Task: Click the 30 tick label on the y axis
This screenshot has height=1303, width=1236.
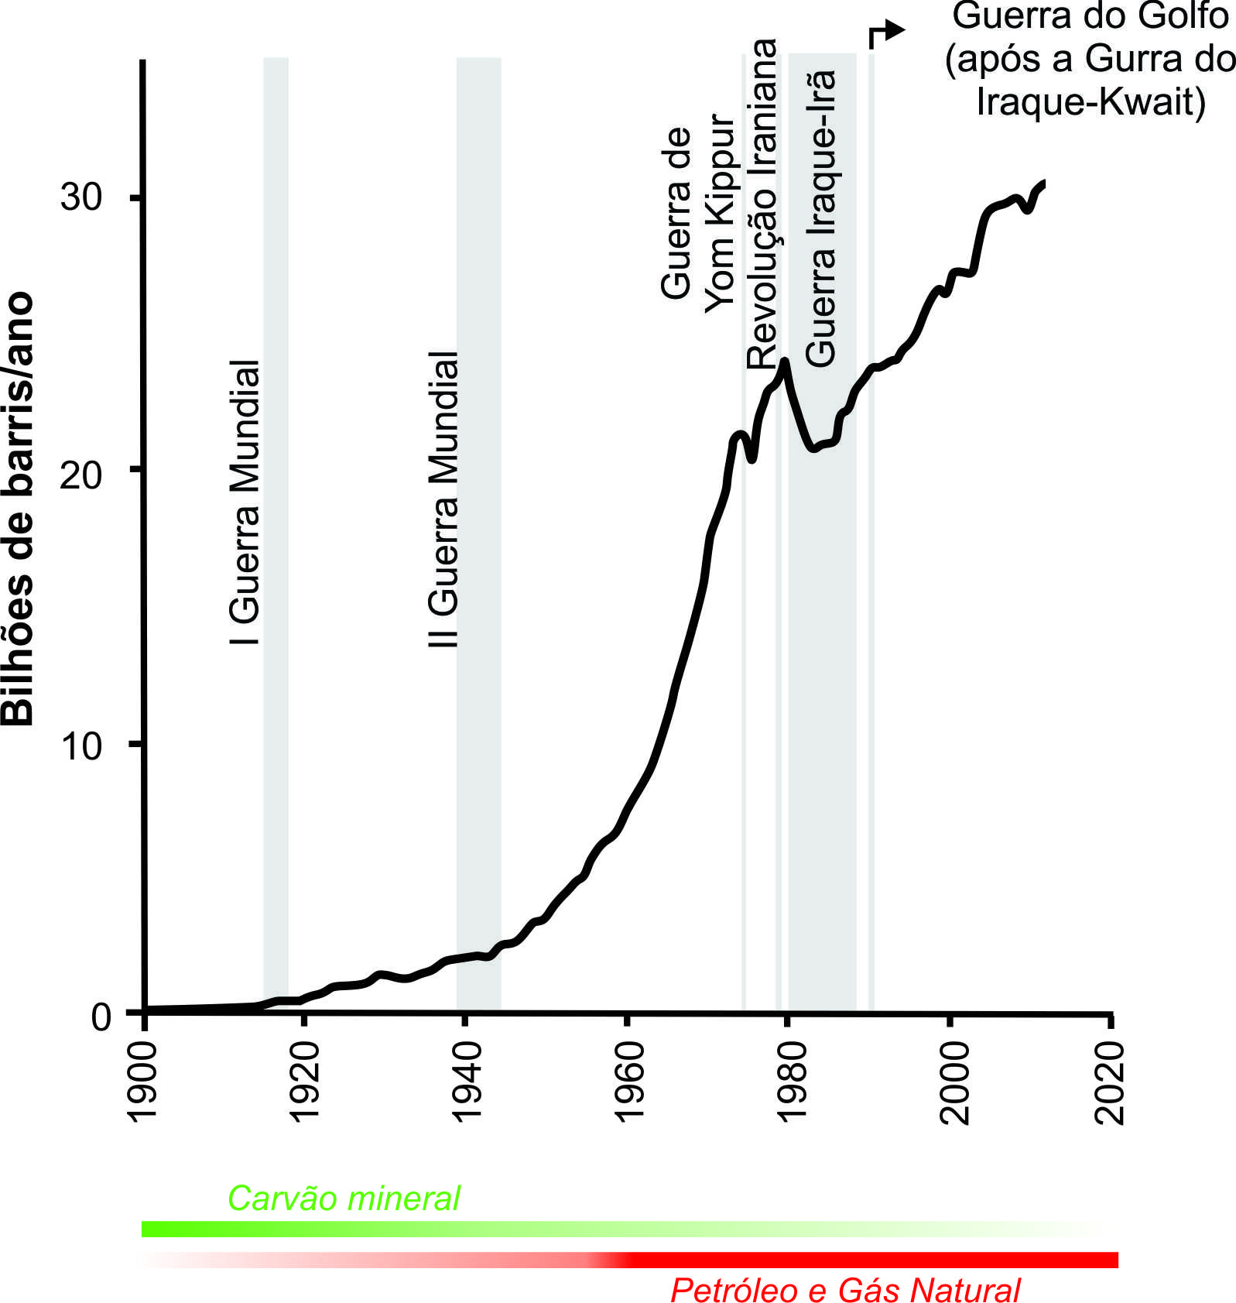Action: tap(81, 197)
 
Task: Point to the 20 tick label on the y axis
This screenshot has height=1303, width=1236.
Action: tap(81, 474)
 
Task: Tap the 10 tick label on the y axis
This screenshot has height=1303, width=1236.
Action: tap(81, 746)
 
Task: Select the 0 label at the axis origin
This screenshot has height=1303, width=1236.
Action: tap(101, 1016)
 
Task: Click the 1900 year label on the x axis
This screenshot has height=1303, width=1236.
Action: tap(142, 1081)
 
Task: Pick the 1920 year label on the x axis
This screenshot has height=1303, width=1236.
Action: tap(304, 1081)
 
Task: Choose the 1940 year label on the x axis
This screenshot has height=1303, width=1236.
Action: tap(467, 1081)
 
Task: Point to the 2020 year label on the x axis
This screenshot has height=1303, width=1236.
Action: tap(1110, 1081)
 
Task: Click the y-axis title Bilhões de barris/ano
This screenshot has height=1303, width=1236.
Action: tap(19, 508)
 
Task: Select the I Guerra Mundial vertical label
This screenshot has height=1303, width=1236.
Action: tap(245, 502)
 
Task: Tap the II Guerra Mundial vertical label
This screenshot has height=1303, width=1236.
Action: tap(443, 499)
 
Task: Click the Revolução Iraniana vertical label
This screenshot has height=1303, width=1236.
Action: tap(762, 204)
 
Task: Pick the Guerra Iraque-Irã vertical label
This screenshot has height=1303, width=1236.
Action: tap(821, 218)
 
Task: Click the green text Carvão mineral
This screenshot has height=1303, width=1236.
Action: tap(344, 1198)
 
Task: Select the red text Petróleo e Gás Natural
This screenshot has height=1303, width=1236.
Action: tap(845, 1291)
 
